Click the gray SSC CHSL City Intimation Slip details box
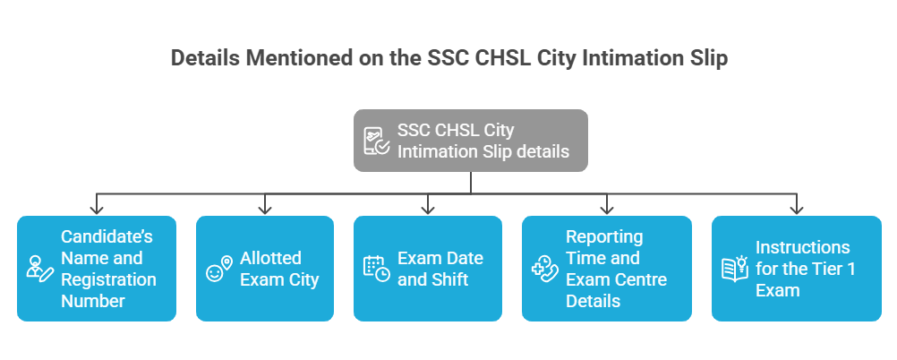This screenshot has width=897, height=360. click(x=471, y=141)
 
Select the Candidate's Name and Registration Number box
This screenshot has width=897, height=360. click(x=96, y=269)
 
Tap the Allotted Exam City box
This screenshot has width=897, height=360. click(x=265, y=269)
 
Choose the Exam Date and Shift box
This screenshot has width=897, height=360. click(x=428, y=269)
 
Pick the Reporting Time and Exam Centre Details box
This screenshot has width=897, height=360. click(x=606, y=269)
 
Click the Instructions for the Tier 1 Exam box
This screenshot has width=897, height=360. click(x=796, y=269)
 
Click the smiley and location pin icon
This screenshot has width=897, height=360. click(x=218, y=270)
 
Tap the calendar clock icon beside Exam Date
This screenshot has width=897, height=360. click(x=376, y=269)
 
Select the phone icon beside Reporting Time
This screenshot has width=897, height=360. click(x=544, y=269)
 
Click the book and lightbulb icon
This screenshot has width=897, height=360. click(x=734, y=268)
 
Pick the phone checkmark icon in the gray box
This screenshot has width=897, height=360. click(x=376, y=141)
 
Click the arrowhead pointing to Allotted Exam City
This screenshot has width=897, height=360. click(x=265, y=210)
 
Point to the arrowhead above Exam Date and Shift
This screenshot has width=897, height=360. click(x=428, y=210)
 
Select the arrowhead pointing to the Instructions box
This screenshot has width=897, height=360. click(x=796, y=210)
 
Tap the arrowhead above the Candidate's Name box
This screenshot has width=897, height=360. click(x=96, y=210)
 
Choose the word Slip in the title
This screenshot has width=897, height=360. click(x=707, y=59)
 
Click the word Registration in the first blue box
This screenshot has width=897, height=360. click(x=108, y=279)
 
